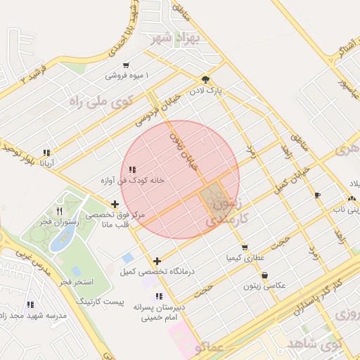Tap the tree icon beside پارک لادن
pyautogui.click(x=205, y=79)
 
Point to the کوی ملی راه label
pyautogui.click(x=101, y=101)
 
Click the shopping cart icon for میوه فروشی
pyautogui.click(x=126, y=65)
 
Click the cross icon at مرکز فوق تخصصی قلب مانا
pyautogui.click(x=115, y=205)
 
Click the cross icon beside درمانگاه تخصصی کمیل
pyautogui.click(x=157, y=260)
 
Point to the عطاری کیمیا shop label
pyautogui.click(x=244, y=258)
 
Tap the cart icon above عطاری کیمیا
pyautogui.click(x=244, y=247)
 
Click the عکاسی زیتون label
pyautogui.click(x=264, y=285)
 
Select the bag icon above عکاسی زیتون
pyautogui.click(x=264, y=275)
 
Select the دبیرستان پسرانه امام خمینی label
pyautogui.click(x=160, y=312)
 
